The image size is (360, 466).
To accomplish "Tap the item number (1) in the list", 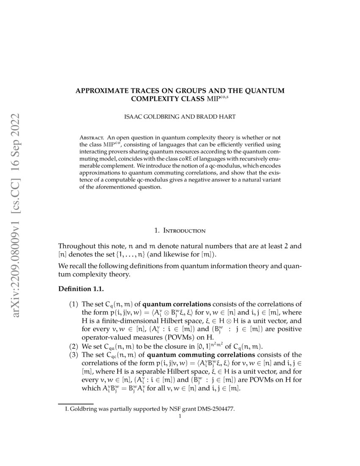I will [73, 304].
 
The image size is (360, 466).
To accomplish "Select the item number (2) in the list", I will [73, 347].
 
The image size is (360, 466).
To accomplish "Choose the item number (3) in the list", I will [73, 355].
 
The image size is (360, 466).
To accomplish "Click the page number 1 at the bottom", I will [180, 416].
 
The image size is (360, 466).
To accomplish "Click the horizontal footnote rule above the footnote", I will [75, 404].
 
